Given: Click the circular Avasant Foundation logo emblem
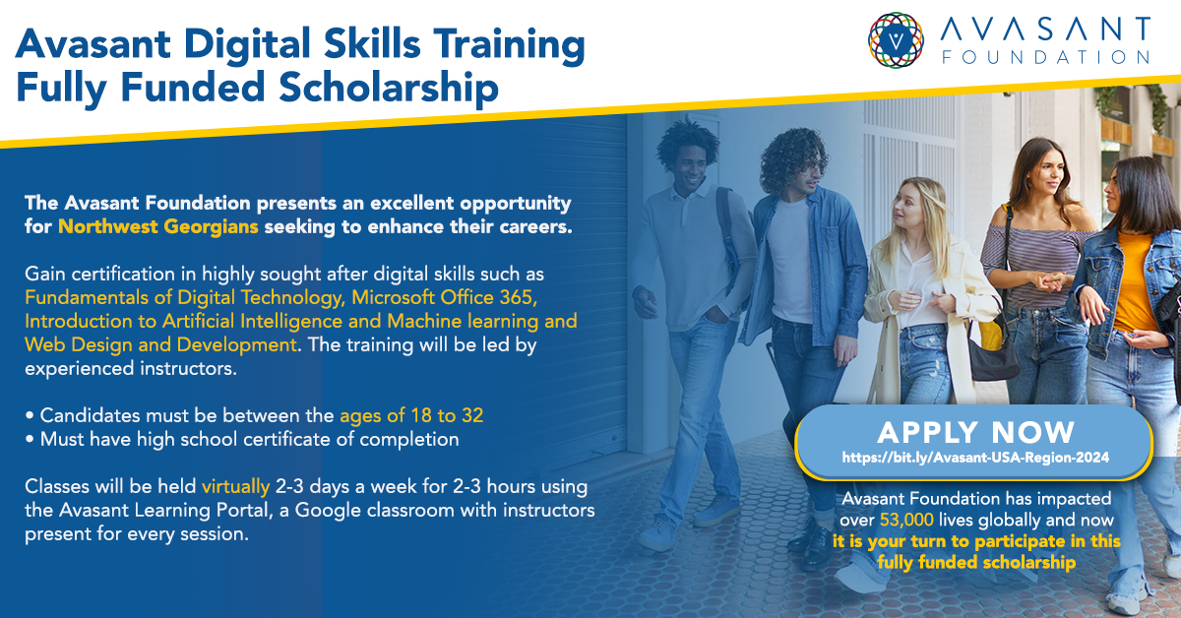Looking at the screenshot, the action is (896, 40).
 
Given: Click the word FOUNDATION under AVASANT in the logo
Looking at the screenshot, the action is (1046, 57).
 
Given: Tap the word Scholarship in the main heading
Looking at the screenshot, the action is (389, 87).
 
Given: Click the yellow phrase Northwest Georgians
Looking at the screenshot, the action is (158, 226).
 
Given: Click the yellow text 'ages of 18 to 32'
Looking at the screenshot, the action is (411, 416).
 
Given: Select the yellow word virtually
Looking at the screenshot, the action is (235, 487).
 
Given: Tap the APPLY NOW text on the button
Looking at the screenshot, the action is (975, 432).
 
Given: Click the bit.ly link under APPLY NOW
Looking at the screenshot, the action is (975, 458).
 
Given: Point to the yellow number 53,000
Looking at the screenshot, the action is (906, 520).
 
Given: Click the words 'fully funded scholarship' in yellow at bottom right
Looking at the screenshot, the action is (976, 562).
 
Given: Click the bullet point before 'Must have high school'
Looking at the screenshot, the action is (29, 439).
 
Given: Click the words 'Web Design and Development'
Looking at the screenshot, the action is (160, 344).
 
